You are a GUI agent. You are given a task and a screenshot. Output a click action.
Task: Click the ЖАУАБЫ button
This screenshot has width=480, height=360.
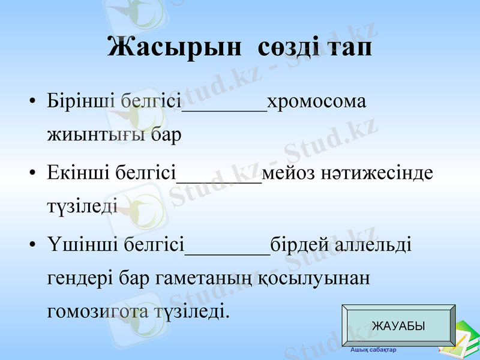(x=398, y=326)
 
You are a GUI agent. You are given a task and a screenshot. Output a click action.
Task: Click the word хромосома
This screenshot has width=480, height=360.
(x=316, y=102)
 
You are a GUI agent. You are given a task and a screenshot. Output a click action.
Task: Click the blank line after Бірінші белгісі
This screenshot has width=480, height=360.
(x=224, y=110)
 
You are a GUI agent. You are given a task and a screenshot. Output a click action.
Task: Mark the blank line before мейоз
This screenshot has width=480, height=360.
(x=220, y=182)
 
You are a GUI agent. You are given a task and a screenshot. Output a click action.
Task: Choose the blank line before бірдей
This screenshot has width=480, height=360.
(x=227, y=254)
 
